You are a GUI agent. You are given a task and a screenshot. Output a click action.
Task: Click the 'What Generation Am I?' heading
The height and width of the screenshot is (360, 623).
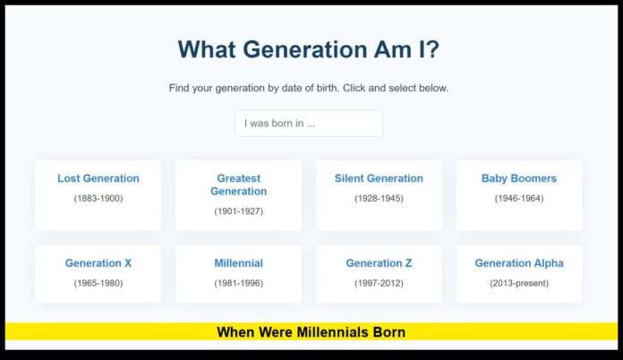click(x=308, y=50)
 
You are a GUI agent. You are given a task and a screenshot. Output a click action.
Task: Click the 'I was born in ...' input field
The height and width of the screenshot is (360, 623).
click(x=308, y=124)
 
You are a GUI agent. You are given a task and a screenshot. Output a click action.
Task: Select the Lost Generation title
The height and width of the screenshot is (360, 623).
click(x=98, y=178)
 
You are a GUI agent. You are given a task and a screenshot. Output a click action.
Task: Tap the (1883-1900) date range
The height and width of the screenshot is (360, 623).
click(x=98, y=198)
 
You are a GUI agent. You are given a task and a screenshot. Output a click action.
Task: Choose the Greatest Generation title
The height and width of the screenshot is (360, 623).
click(x=238, y=184)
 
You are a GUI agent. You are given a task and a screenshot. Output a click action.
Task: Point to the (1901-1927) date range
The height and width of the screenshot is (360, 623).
click(x=238, y=211)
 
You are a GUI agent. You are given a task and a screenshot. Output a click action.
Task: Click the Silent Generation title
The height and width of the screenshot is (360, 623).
click(x=379, y=178)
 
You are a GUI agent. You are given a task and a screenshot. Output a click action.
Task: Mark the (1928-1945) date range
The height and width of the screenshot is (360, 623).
click(x=379, y=198)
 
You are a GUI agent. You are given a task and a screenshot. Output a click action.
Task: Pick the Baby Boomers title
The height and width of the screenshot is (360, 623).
click(x=519, y=178)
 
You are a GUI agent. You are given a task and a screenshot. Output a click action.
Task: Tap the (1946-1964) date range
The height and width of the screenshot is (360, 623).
click(x=519, y=198)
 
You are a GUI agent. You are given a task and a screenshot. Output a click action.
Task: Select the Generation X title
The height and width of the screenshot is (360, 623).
click(x=98, y=263)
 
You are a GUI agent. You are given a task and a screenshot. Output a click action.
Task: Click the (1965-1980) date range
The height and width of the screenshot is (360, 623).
click(x=98, y=283)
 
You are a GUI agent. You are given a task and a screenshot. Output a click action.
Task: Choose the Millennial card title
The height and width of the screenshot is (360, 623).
click(x=238, y=263)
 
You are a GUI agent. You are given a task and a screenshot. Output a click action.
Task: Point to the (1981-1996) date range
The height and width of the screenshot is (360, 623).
click(x=238, y=283)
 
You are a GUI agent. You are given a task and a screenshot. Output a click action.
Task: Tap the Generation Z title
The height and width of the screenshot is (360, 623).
click(x=379, y=263)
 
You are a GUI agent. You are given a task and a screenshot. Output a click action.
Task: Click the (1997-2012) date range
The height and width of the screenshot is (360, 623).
click(x=379, y=283)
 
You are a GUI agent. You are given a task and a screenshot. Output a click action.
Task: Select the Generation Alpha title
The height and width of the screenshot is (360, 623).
click(x=519, y=263)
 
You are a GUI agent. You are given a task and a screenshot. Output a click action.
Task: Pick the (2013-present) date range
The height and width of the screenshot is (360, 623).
click(x=519, y=283)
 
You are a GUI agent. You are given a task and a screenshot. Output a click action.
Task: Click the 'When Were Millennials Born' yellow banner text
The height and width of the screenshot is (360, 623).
click(x=311, y=332)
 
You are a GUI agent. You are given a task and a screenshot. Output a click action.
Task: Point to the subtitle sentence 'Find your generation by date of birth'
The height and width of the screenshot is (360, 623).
click(x=308, y=89)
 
